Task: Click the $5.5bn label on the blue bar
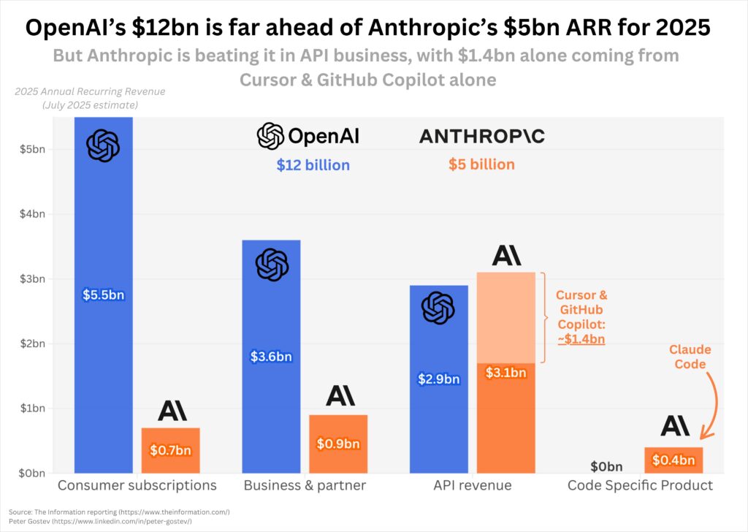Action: [103, 295]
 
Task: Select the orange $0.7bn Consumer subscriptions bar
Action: [170, 450]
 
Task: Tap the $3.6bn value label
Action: [270, 357]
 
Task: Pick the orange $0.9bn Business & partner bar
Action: [337, 444]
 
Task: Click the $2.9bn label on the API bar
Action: [438, 379]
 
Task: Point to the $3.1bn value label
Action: [505, 373]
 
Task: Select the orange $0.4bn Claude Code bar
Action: [673, 460]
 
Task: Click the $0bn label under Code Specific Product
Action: [606, 466]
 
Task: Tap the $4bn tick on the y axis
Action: [32, 214]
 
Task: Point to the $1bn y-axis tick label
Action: [32, 408]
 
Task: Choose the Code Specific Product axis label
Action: [640, 485]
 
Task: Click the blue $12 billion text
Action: [313, 165]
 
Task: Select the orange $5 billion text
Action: [481, 164]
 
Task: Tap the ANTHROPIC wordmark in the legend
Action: [481, 137]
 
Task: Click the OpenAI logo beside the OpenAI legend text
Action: [270, 136]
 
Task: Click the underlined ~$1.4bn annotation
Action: [581, 339]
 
